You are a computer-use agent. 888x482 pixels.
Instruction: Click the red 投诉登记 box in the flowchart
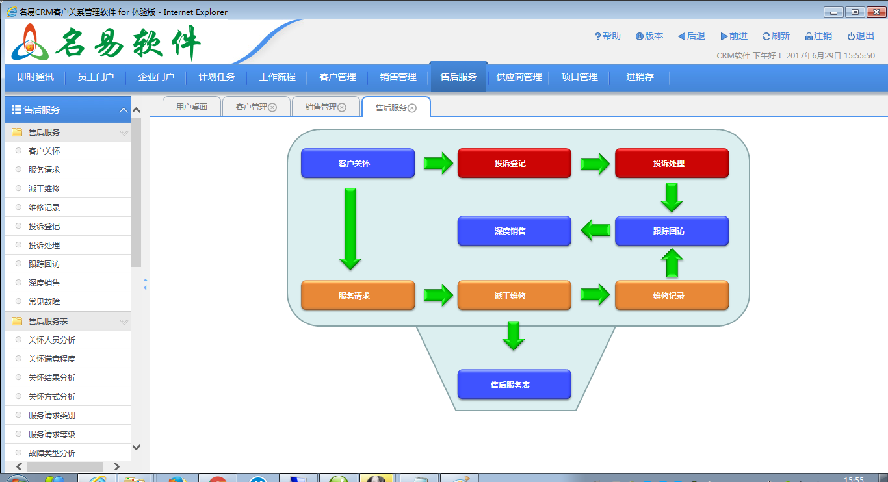click(514, 163)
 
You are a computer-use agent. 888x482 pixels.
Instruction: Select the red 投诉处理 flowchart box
click(672, 163)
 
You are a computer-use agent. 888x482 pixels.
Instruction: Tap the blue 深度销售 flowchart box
click(514, 231)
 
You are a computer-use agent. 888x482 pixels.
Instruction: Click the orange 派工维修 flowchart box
click(514, 296)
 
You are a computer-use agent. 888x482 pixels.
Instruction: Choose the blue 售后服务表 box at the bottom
click(514, 385)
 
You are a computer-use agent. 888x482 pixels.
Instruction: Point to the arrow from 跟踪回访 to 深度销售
click(595, 230)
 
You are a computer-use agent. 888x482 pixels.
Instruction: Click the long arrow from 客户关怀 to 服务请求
click(350, 229)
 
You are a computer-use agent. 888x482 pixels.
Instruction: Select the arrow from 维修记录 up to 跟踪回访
click(672, 262)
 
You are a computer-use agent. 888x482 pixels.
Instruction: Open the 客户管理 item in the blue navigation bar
click(337, 77)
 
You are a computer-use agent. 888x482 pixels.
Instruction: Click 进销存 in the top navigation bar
click(640, 77)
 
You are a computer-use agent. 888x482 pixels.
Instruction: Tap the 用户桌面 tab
click(192, 107)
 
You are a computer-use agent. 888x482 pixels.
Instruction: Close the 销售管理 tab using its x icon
click(342, 107)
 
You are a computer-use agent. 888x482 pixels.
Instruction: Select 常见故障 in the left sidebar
click(44, 302)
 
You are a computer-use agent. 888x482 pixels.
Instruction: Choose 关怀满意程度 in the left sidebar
click(51, 359)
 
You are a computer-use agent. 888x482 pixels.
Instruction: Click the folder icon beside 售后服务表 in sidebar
click(17, 321)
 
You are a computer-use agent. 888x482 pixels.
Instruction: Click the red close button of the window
click(876, 12)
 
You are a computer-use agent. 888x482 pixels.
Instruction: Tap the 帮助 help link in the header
click(607, 36)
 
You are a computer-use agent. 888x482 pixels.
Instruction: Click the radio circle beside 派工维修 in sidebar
click(18, 188)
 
